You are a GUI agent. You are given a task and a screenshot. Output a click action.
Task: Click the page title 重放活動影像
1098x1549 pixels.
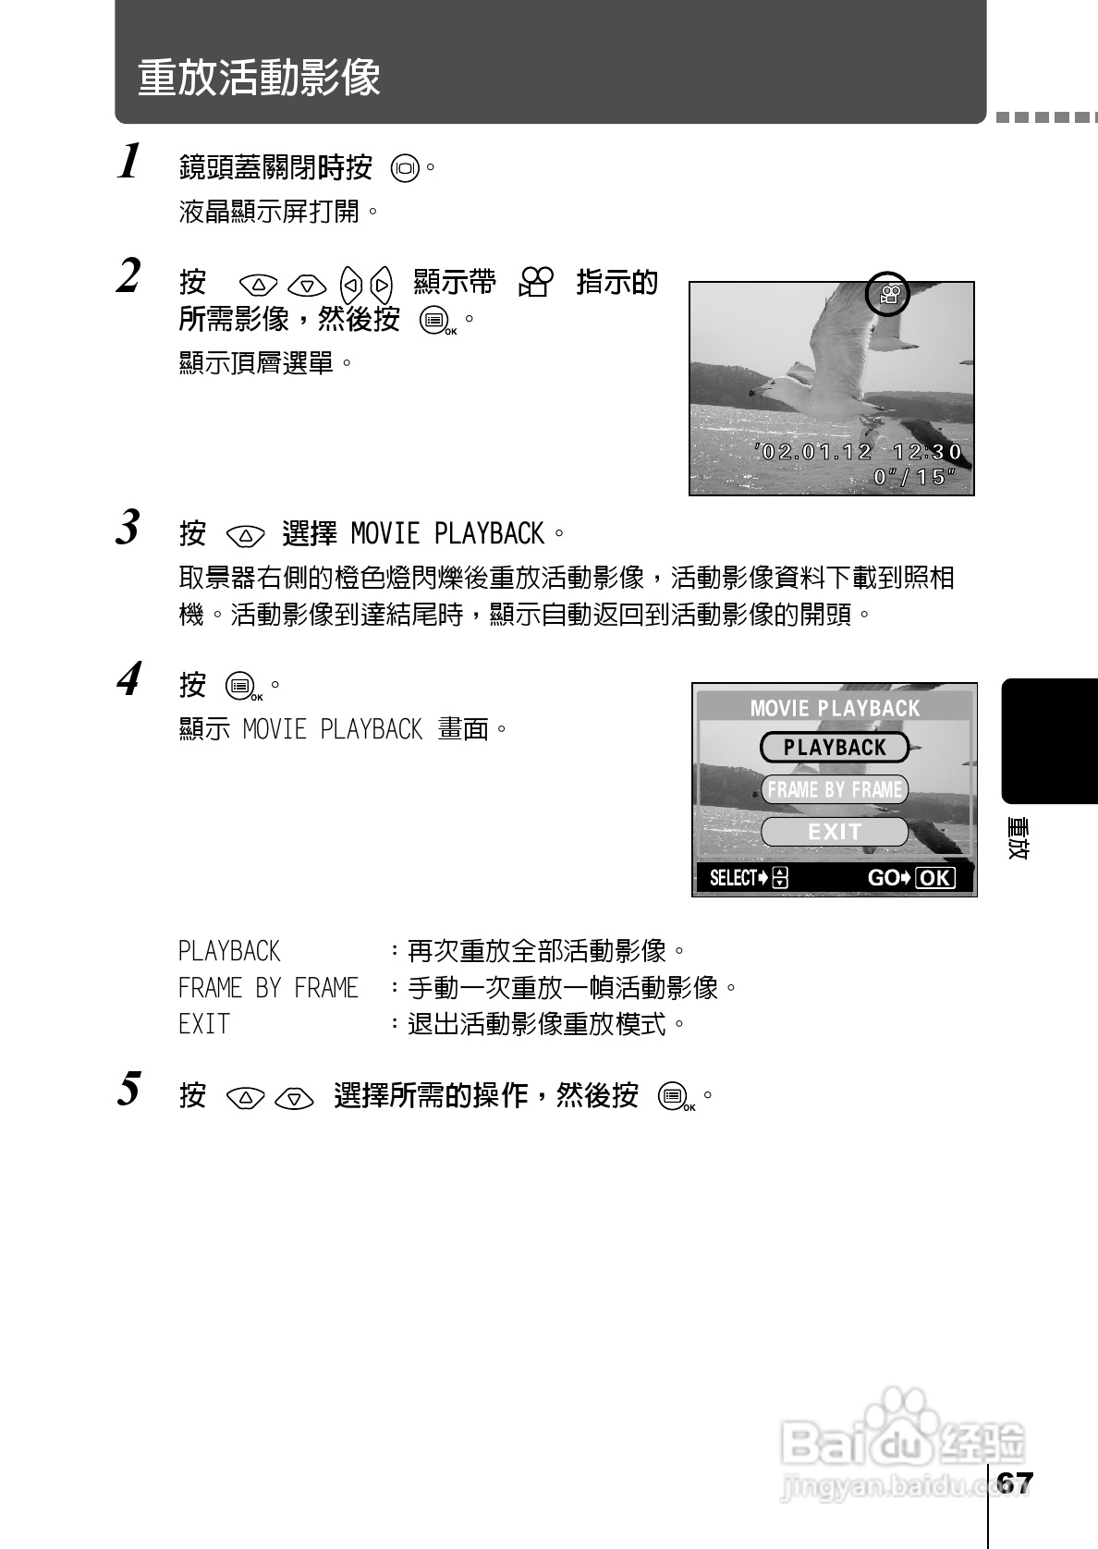click(x=259, y=78)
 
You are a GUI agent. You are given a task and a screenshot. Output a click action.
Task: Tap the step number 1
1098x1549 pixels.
click(x=130, y=162)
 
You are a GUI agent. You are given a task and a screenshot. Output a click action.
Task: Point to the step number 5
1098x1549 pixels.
click(x=129, y=1089)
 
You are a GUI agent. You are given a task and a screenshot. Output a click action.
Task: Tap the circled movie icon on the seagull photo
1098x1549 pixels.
click(x=888, y=295)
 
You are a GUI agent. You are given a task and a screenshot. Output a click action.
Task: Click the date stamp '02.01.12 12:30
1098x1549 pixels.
click(x=860, y=452)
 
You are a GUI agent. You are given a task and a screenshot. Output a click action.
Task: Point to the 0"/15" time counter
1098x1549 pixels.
click(x=914, y=477)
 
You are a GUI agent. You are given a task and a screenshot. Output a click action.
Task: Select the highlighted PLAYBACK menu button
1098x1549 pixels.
click(x=835, y=748)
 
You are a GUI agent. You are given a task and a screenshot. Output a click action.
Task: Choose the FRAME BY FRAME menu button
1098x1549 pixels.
click(x=835, y=789)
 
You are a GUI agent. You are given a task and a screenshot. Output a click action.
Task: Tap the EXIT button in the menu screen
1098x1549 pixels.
click(x=835, y=832)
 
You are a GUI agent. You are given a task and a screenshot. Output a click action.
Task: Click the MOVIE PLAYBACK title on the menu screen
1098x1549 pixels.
click(x=835, y=709)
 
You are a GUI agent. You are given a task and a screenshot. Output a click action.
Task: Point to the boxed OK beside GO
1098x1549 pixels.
click(x=934, y=878)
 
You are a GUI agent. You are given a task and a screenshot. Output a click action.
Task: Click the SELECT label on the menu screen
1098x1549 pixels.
click(x=734, y=878)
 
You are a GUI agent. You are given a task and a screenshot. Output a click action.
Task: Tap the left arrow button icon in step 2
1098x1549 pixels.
click(x=350, y=284)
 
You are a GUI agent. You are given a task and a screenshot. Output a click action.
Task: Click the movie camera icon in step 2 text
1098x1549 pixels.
click(x=536, y=282)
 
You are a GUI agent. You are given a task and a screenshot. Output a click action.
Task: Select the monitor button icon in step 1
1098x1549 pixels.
click(x=405, y=169)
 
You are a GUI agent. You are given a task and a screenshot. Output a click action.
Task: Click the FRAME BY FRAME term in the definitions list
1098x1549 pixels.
click(x=268, y=988)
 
